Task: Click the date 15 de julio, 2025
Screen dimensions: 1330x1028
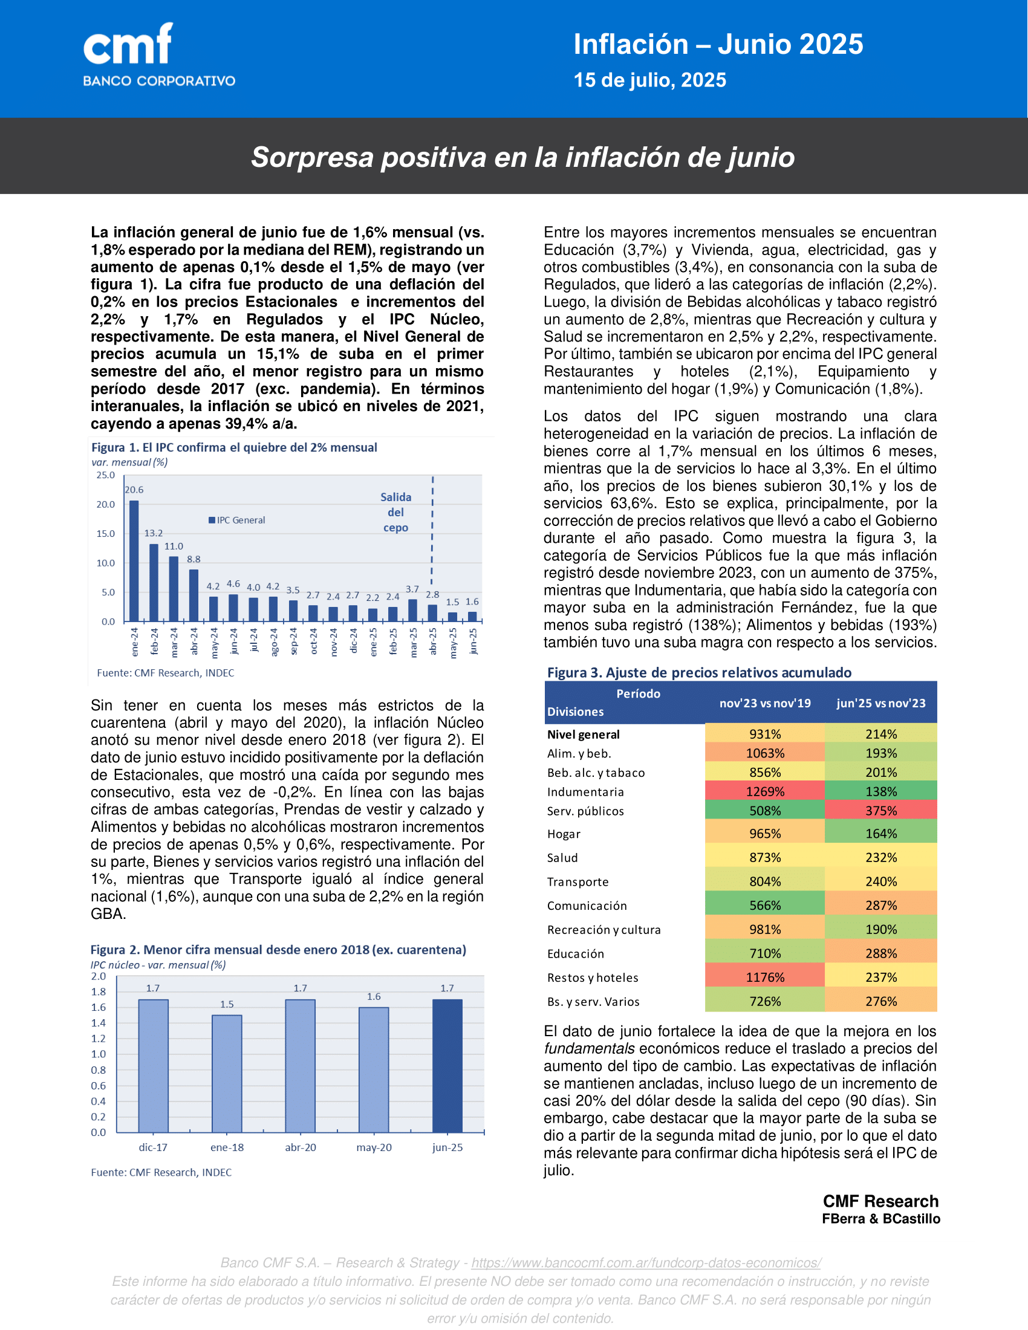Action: pos(649,80)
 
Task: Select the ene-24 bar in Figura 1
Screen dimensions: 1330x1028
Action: pos(134,560)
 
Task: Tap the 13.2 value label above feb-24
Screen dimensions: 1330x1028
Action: pos(154,533)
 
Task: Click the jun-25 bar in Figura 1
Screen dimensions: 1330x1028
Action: pos(472,616)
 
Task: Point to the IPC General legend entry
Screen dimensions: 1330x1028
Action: pos(237,520)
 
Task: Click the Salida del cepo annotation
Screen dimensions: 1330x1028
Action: pos(396,512)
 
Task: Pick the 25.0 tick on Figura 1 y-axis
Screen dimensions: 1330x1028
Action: pos(105,475)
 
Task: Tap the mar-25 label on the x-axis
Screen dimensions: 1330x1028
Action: pos(414,641)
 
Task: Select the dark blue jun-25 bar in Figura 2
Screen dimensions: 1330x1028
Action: pos(447,1066)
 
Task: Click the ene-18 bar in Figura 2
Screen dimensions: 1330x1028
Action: pos(227,1074)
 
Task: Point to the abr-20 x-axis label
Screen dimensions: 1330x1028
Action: pos(301,1147)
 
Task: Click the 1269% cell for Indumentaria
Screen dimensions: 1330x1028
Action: pos(765,792)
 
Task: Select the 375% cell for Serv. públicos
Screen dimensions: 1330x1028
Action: pos(880,811)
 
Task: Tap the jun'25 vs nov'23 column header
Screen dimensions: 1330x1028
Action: pos(880,703)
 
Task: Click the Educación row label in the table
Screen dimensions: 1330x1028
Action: pos(576,953)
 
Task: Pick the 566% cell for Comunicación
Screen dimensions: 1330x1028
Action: pos(765,906)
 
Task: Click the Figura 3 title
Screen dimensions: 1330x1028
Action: pos(699,672)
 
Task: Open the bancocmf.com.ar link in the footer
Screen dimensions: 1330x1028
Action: pos(646,1262)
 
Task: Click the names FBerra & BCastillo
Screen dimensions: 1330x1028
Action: pos(880,1219)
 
